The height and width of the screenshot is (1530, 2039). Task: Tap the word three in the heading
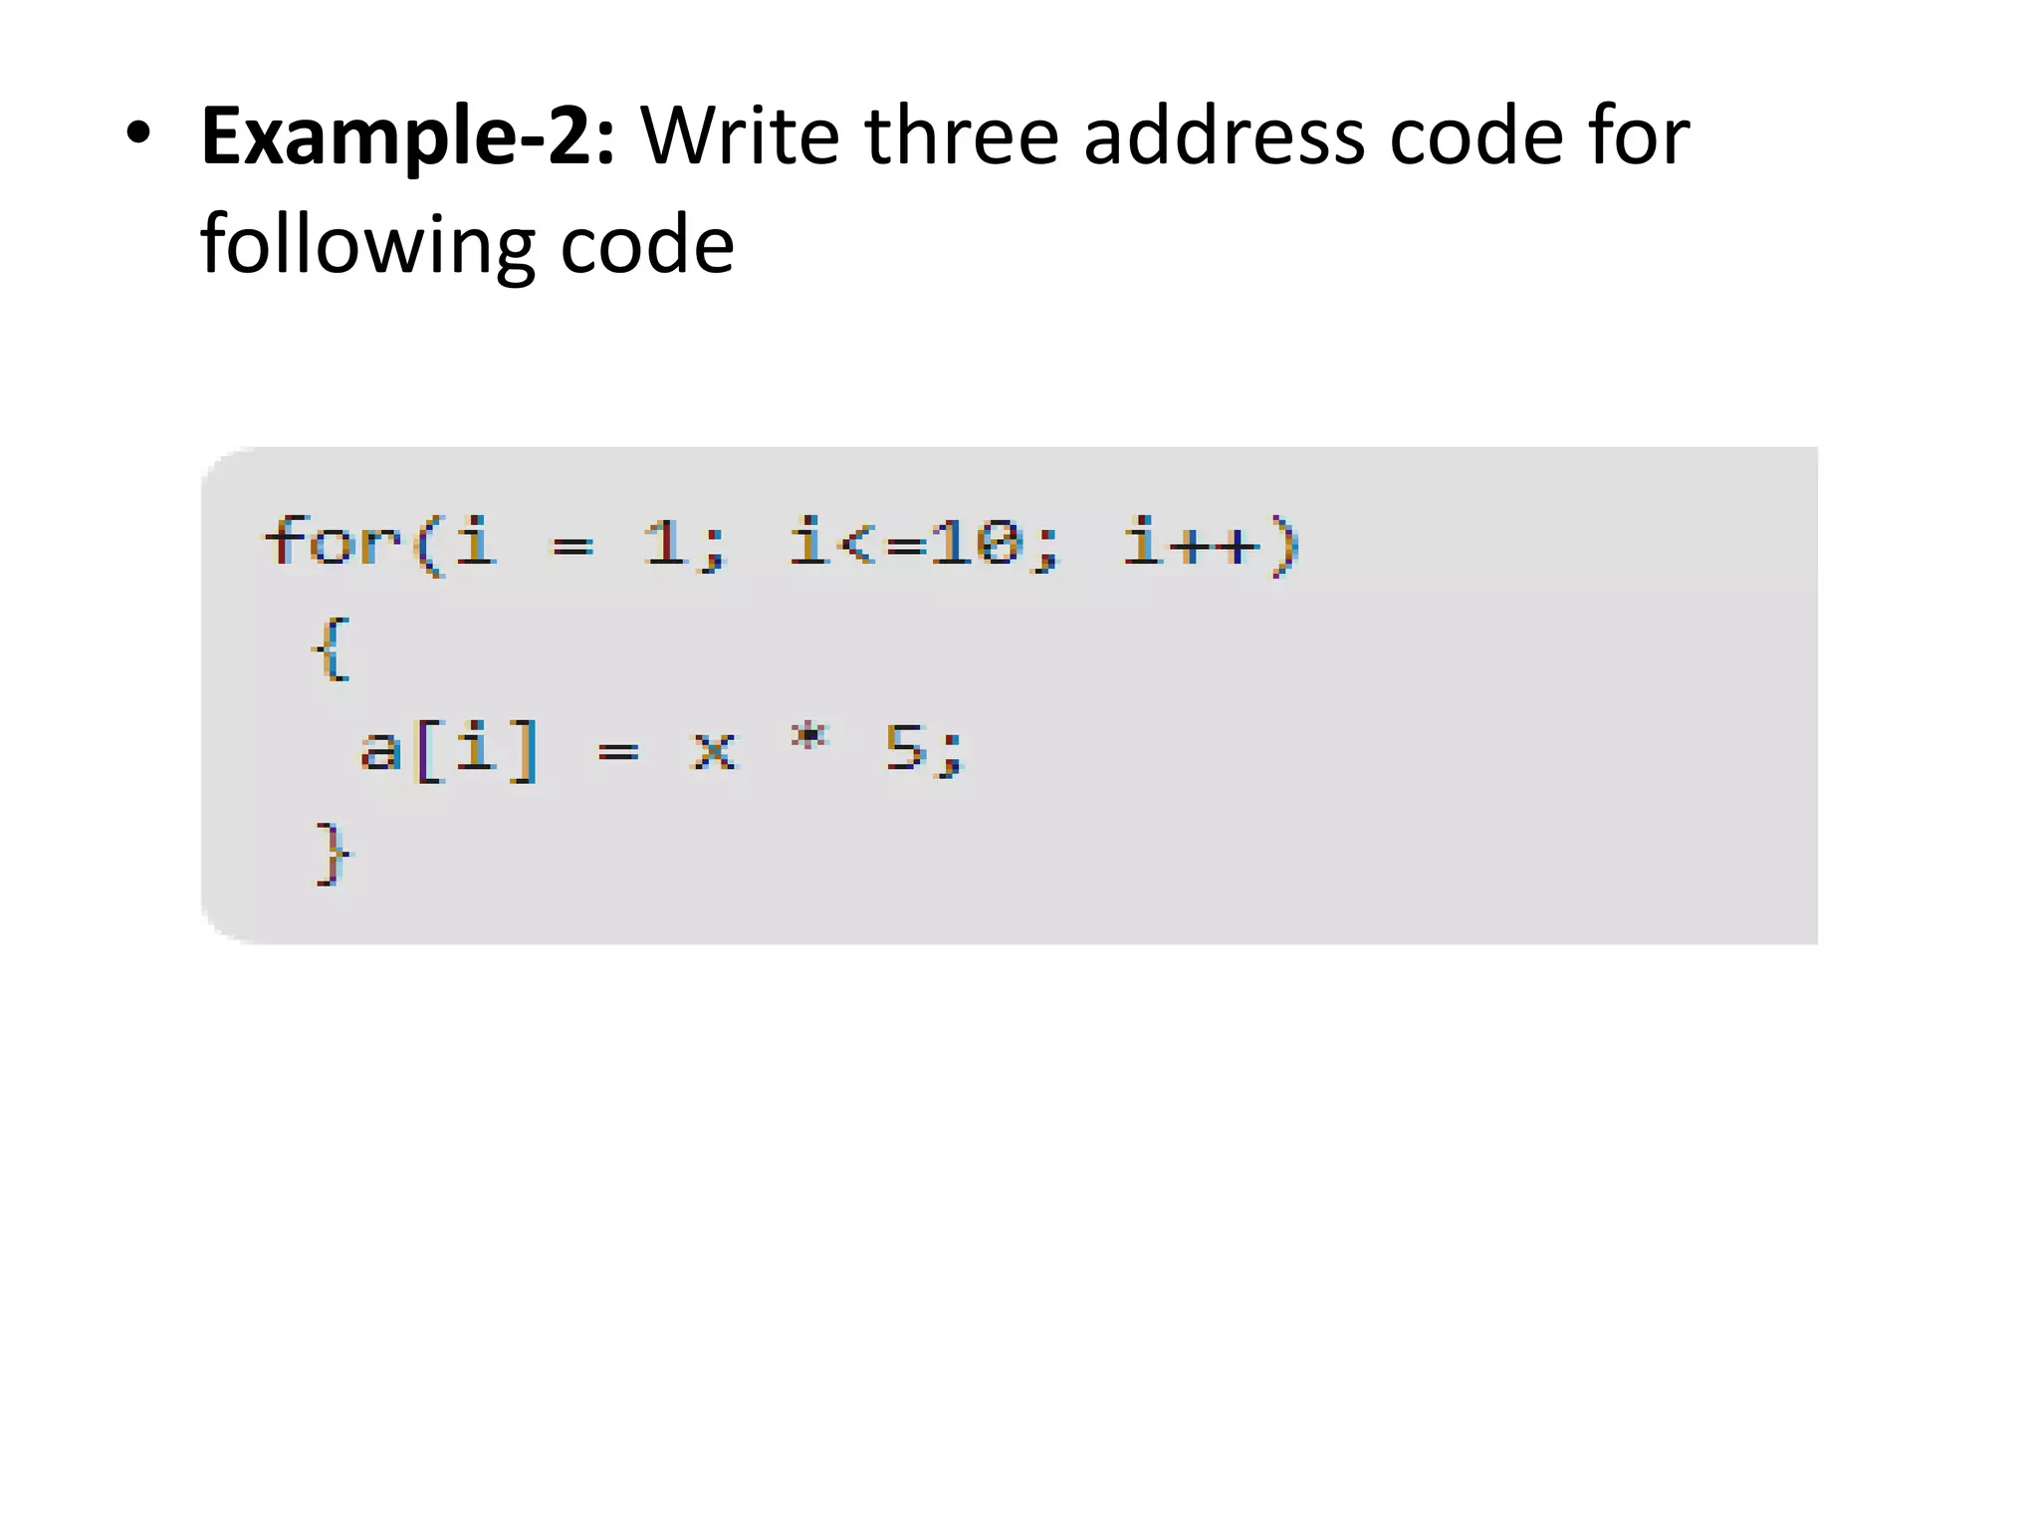coord(962,135)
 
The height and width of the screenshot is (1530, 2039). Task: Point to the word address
coord(1224,135)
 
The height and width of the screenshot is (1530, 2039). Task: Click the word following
coord(367,245)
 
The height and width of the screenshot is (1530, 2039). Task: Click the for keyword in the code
coord(333,543)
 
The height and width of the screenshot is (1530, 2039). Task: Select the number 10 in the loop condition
coord(977,544)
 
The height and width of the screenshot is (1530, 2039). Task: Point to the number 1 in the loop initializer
coord(664,544)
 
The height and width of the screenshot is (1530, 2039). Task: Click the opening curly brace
coord(332,648)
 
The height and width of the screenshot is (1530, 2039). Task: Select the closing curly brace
coord(333,854)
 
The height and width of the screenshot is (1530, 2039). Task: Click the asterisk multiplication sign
coord(808,737)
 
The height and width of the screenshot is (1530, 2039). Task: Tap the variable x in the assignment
coord(713,749)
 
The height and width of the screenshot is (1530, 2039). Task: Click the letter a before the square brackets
coord(379,749)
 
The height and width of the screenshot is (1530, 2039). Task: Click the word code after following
coord(647,245)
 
